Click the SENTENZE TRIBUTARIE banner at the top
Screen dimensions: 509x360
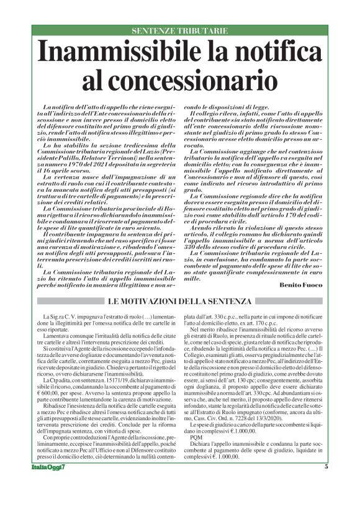pos(180,30)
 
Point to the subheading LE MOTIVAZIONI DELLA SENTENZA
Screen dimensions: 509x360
pos(180,301)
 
